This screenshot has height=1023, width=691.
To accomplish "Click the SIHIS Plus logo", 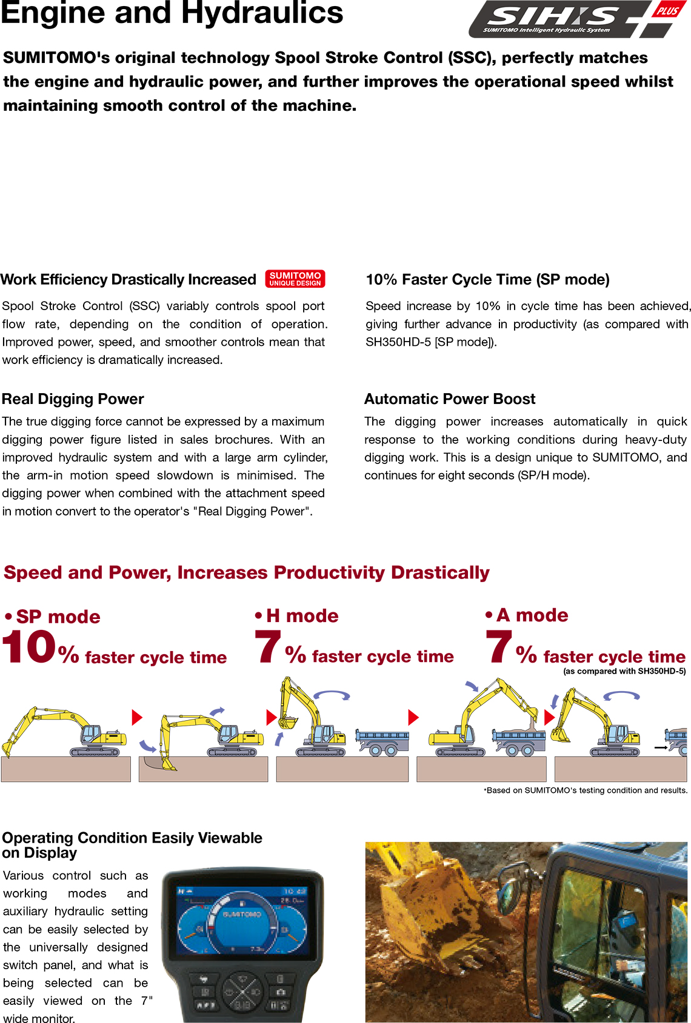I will point(576,19).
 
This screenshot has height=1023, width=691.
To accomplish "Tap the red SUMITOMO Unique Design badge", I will point(295,279).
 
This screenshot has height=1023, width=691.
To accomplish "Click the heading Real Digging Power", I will point(73,399).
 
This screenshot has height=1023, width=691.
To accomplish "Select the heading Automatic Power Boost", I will point(450,399).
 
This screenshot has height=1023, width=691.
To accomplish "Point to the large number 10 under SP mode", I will point(29,647).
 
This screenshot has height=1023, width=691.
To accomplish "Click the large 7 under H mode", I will point(267,647).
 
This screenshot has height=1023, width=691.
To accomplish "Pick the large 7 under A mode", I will point(499,647).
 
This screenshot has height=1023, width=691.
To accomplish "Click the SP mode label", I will point(58,617).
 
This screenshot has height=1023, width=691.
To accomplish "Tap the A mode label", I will point(532,615).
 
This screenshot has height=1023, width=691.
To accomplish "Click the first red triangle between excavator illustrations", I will point(137,718).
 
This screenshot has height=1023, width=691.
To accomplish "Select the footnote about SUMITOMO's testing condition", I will point(586,790).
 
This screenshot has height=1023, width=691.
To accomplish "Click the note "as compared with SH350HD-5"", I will point(624,671).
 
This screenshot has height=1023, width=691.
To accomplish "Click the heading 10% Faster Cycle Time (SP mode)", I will point(487,280).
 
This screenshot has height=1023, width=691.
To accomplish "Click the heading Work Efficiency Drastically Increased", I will point(129,280).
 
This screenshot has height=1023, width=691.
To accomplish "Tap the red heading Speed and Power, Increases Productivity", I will point(246,572).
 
